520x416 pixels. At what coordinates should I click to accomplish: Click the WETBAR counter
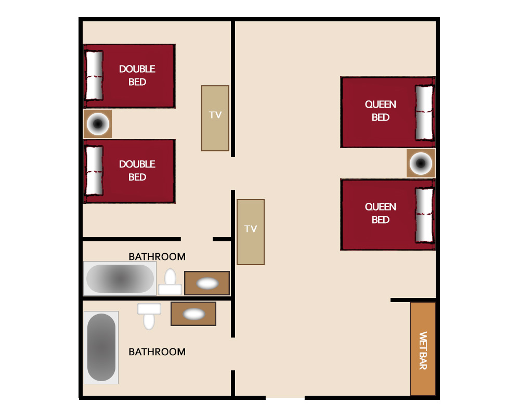(423, 348)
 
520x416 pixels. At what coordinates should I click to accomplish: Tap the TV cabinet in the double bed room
(215, 119)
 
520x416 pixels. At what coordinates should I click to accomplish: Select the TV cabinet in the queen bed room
(251, 232)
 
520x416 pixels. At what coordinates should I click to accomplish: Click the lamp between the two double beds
(98, 124)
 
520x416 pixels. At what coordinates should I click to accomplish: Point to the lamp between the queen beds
(421, 163)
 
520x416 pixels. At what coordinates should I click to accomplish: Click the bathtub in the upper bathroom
(120, 279)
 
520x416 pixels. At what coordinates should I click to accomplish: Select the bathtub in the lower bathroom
(101, 347)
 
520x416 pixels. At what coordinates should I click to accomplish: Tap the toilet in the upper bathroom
(170, 282)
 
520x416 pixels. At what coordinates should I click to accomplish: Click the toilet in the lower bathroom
(149, 317)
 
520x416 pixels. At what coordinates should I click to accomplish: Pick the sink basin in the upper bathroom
(207, 283)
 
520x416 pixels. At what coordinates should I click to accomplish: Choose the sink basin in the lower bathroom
(194, 314)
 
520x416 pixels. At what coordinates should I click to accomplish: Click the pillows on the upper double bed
(95, 75)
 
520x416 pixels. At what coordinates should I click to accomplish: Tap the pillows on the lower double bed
(95, 171)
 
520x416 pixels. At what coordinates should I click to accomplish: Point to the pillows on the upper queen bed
(424, 113)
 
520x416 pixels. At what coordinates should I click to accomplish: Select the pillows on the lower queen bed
(424, 215)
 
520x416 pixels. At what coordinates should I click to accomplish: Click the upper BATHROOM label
(157, 257)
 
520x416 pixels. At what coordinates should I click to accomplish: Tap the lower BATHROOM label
(157, 352)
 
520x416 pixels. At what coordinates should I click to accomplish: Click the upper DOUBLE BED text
(137, 75)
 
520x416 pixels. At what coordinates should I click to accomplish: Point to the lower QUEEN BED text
(381, 213)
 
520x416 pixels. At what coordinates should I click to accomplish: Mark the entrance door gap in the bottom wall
(285, 397)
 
